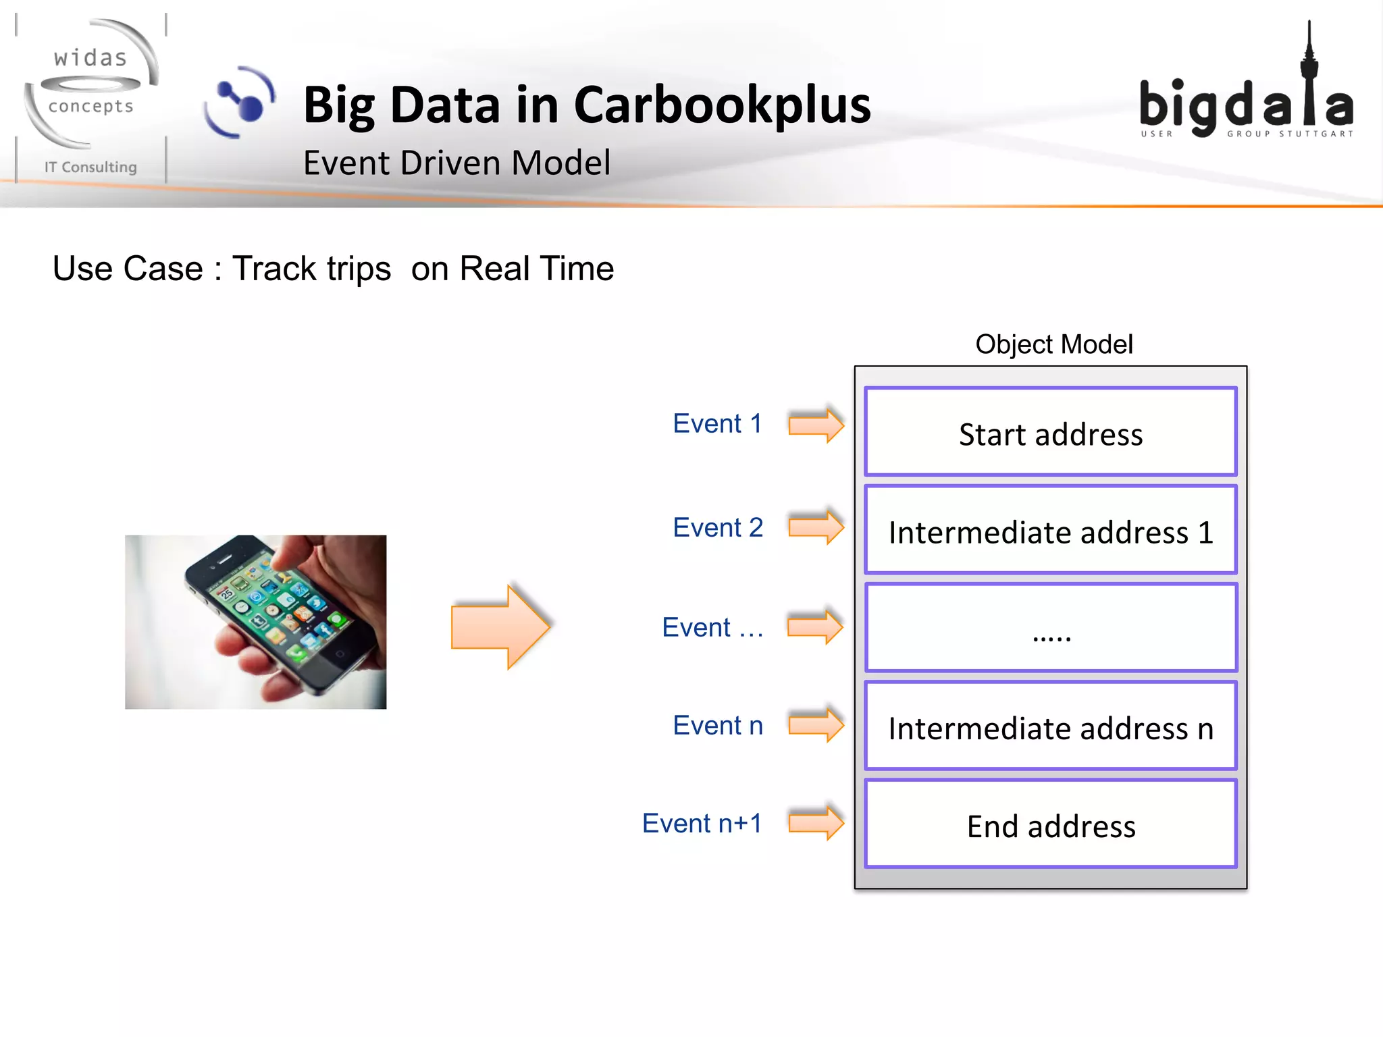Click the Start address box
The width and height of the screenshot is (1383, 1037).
1050,432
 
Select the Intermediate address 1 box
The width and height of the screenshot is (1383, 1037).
1050,531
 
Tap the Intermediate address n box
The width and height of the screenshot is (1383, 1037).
1050,726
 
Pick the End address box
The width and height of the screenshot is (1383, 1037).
1050,824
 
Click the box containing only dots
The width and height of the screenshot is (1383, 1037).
1050,628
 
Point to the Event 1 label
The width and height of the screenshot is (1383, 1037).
717,424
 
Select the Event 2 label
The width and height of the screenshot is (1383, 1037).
717,528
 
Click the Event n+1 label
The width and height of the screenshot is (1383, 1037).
702,824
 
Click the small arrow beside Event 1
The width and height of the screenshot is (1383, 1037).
816,425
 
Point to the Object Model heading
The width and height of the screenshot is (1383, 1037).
1053,344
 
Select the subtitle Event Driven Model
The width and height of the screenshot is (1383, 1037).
456,163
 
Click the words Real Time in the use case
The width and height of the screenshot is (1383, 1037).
536,269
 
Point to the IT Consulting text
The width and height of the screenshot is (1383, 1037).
90,167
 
